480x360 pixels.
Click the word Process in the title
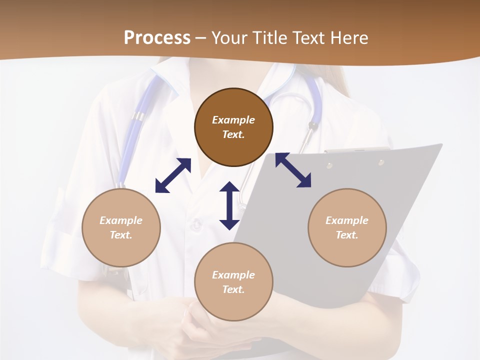(x=157, y=38)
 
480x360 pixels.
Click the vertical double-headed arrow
(x=229, y=205)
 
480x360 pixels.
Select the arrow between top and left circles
(x=173, y=175)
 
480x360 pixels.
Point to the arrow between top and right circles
(x=293, y=170)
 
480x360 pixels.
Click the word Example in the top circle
(x=233, y=120)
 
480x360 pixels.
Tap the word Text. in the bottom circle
(x=233, y=289)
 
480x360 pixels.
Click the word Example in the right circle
(x=347, y=220)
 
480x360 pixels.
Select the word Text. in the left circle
(x=121, y=235)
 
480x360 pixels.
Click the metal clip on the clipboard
(x=357, y=149)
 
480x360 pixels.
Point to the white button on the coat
(x=196, y=223)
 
